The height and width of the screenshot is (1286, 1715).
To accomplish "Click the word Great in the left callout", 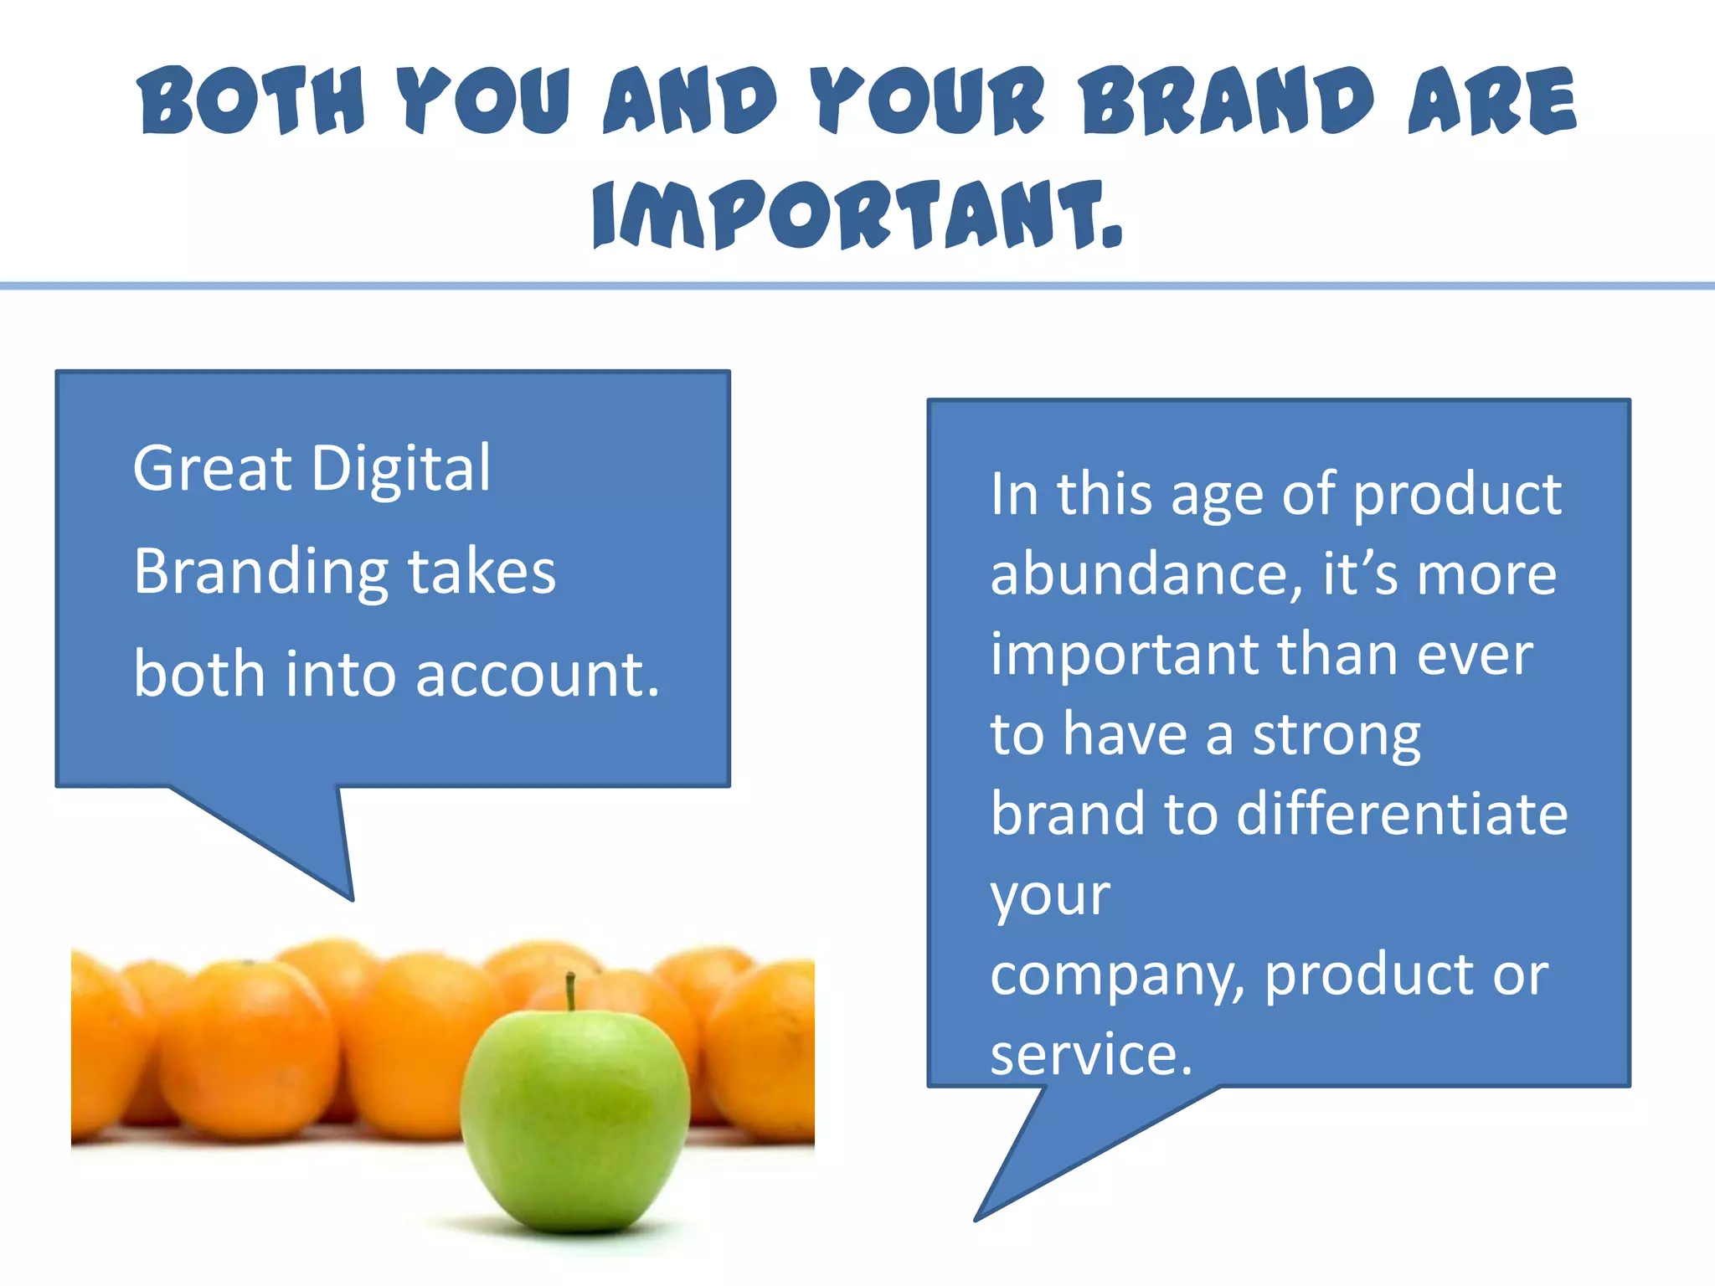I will click(x=213, y=469).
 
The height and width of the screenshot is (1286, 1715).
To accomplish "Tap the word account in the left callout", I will click(x=536, y=675).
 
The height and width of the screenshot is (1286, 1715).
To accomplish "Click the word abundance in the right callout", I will click(x=1145, y=574).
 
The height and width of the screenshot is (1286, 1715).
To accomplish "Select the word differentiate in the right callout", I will click(x=1401, y=814).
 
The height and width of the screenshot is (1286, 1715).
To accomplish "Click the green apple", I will click(x=575, y=1122).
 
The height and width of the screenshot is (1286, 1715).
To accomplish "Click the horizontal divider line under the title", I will click(x=857, y=286).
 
